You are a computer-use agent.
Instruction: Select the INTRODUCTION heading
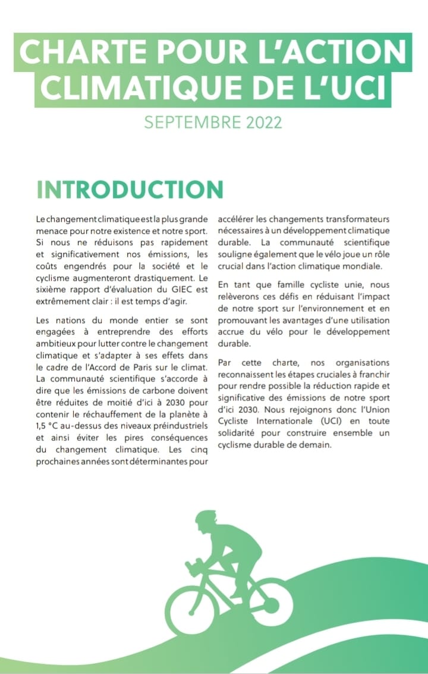click(130, 189)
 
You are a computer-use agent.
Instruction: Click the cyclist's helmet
click(206, 518)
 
